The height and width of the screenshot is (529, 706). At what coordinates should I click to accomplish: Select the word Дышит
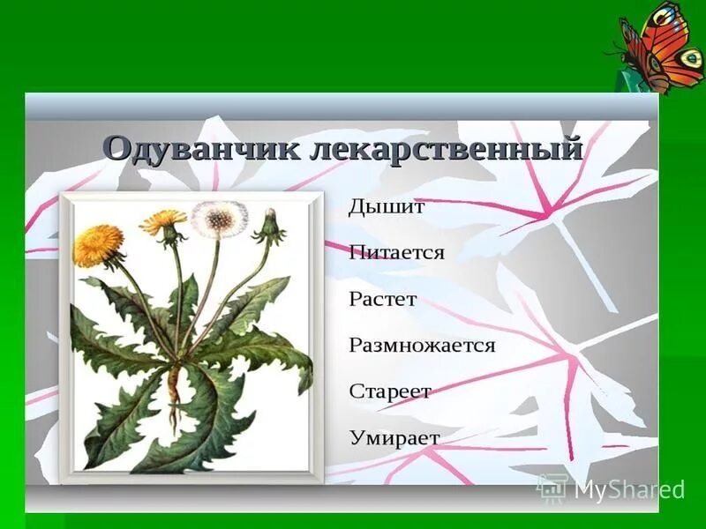pyautogui.click(x=387, y=208)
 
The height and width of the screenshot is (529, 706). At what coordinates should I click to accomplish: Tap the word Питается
pyautogui.click(x=396, y=253)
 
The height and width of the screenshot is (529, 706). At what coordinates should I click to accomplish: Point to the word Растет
pyautogui.click(x=383, y=299)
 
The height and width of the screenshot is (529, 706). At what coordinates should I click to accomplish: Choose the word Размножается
pyautogui.click(x=422, y=345)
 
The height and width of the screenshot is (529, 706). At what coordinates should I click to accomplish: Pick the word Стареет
pyautogui.click(x=390, y=391)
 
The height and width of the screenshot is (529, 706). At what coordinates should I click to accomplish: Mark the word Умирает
pyautogui.click(x=394, y=436)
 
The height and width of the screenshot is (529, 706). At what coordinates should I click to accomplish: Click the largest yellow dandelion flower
pyautogui.click(x=98, y=244)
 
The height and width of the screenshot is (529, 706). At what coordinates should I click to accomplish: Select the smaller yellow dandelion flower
pyautogui.click(x=163, y=221)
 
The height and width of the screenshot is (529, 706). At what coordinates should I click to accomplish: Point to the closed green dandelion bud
pyautogui.click(x=270, y=227)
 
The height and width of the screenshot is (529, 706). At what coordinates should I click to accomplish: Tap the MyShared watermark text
pyautogui.click(x=628, y=489)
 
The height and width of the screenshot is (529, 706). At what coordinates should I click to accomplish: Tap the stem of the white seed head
pyautogui.click(x=210, y=282)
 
